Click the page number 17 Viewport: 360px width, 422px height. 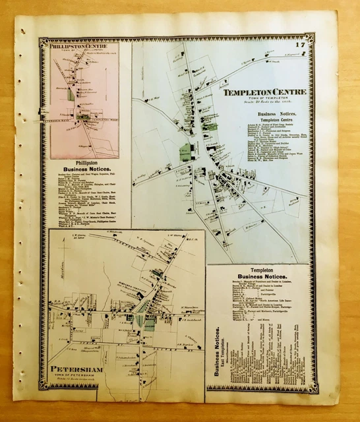[x=300, y=45]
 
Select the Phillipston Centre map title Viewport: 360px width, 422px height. [x=78, y=47]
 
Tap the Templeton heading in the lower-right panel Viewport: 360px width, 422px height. [x=258, y=270]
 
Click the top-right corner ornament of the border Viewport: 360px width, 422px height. [x=312, y=37]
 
